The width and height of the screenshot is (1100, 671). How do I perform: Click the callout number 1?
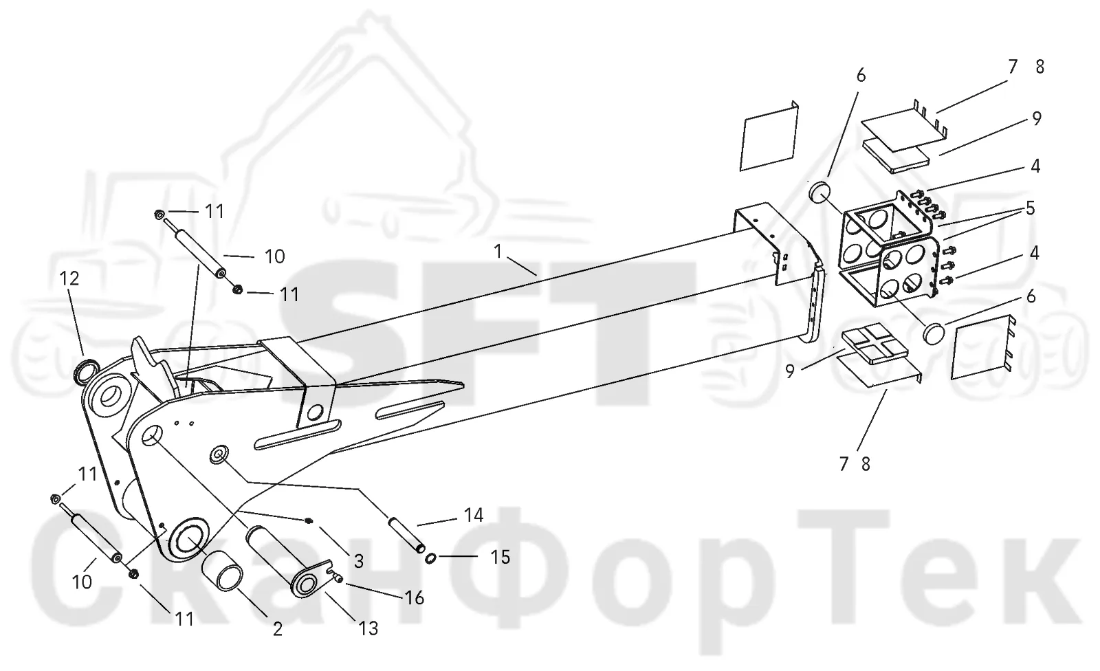(498, 252)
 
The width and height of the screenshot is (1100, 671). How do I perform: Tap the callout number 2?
(278, 629)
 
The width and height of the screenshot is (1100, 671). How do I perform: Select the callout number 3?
(358, 561)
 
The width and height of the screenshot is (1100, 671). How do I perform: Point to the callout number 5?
(1030, 208)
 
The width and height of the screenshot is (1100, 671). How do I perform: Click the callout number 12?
(69, 278)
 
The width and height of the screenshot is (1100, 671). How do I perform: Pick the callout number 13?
(368, 628)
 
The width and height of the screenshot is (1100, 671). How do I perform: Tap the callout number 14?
(474, 515)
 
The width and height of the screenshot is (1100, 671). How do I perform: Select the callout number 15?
(500, 557)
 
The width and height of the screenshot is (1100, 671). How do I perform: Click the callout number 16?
(414, 598)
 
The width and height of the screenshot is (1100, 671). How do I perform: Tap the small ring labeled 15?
(430, 558)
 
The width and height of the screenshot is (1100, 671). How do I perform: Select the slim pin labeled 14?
(406, 534)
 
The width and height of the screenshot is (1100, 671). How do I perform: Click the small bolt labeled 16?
(338, 579)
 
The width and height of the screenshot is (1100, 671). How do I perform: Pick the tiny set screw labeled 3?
(309, 520)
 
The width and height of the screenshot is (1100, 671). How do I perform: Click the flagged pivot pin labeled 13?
(289, 562)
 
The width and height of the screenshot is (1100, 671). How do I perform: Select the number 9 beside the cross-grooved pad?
(790, 371)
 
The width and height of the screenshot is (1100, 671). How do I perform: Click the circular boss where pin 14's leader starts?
(219, 454)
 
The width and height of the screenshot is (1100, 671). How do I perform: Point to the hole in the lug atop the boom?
(313, 412)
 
